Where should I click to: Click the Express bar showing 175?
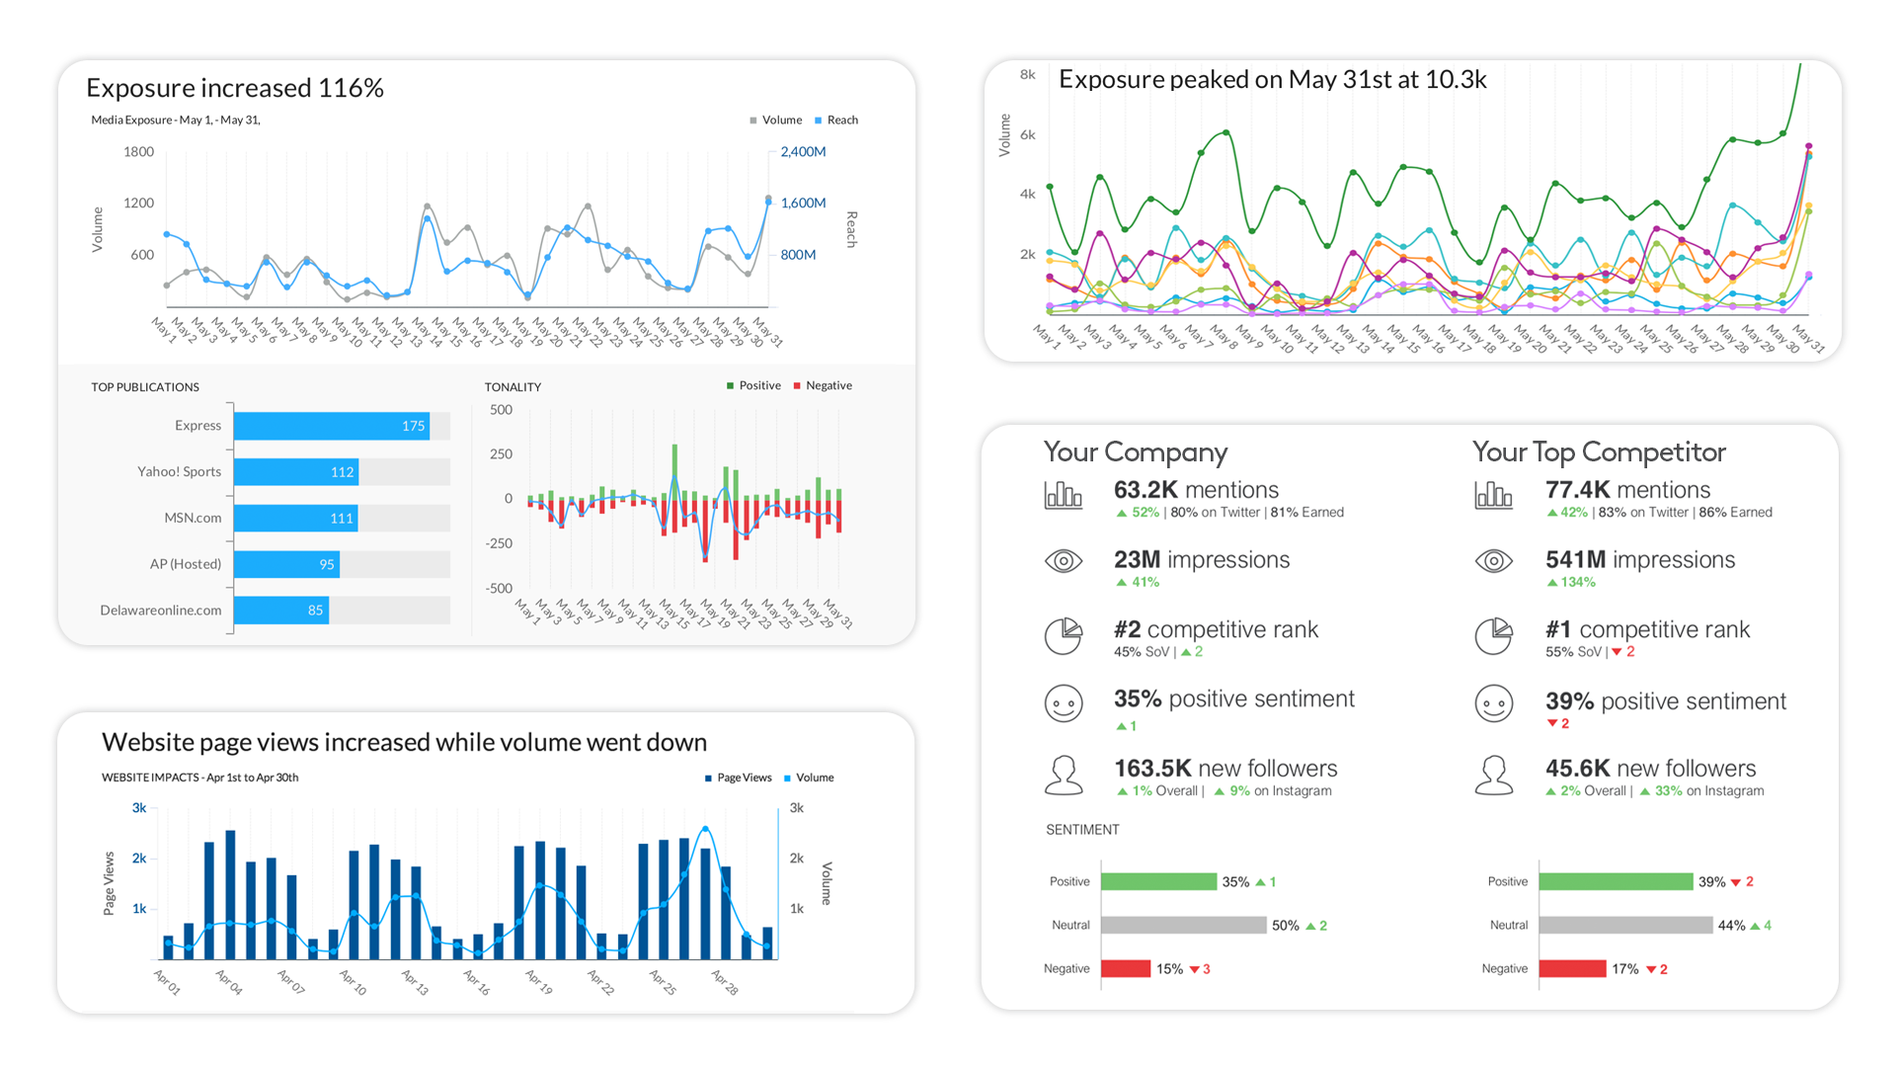[331, 426]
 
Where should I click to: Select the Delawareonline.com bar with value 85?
[281, 611]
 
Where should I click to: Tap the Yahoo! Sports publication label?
[179, 472]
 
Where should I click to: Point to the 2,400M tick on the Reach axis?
[803, 152]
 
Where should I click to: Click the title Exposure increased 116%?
[235, 88]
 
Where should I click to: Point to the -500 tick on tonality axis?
[499, 589]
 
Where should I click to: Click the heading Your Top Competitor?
[1599, 452]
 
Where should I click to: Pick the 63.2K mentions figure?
[1196, 490]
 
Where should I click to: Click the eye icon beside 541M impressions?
[1493, 561]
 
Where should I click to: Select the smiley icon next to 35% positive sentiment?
[1064, 703]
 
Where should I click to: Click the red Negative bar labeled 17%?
[1572, 969]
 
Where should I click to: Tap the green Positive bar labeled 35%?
[1158, 882]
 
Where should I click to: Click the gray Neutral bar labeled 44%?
[1625, 926]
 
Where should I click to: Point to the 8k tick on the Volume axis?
[1028, 75]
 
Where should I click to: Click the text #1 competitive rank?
[1647, 630]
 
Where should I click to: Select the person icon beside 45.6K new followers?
[1493, 776]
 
